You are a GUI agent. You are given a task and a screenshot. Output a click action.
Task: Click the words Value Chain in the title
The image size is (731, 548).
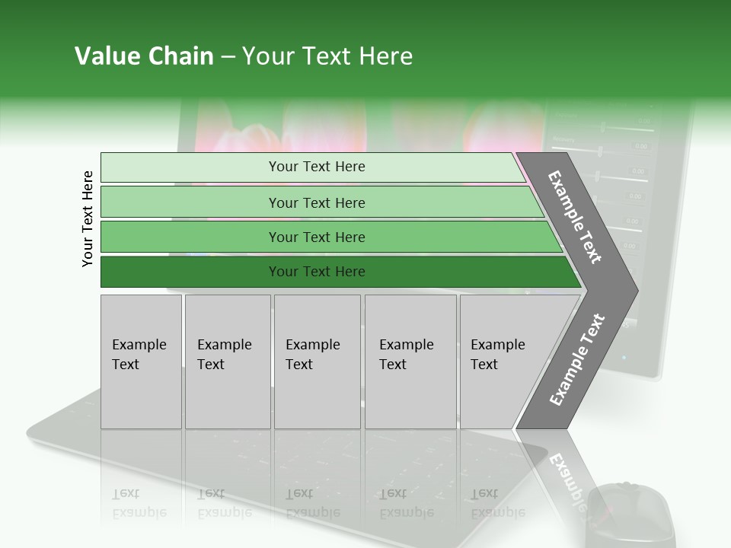(x=144, y=56)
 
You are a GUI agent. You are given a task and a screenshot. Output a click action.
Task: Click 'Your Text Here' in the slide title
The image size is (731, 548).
(x=327, y=56)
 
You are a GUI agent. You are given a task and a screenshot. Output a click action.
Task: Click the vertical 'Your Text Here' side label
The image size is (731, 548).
(x=88, y=218)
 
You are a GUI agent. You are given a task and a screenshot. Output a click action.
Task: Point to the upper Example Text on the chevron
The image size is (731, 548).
(x=575, y=217)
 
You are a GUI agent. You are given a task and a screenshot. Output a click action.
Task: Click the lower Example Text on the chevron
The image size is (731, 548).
(x=576, y=360)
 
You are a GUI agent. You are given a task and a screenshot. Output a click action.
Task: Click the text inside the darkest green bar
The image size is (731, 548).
(x=317, y=272)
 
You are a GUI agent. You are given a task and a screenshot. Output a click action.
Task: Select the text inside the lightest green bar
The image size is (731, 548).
(x=317, y=167)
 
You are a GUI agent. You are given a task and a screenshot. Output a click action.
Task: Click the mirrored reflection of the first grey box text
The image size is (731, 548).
(x=139, y=502)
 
